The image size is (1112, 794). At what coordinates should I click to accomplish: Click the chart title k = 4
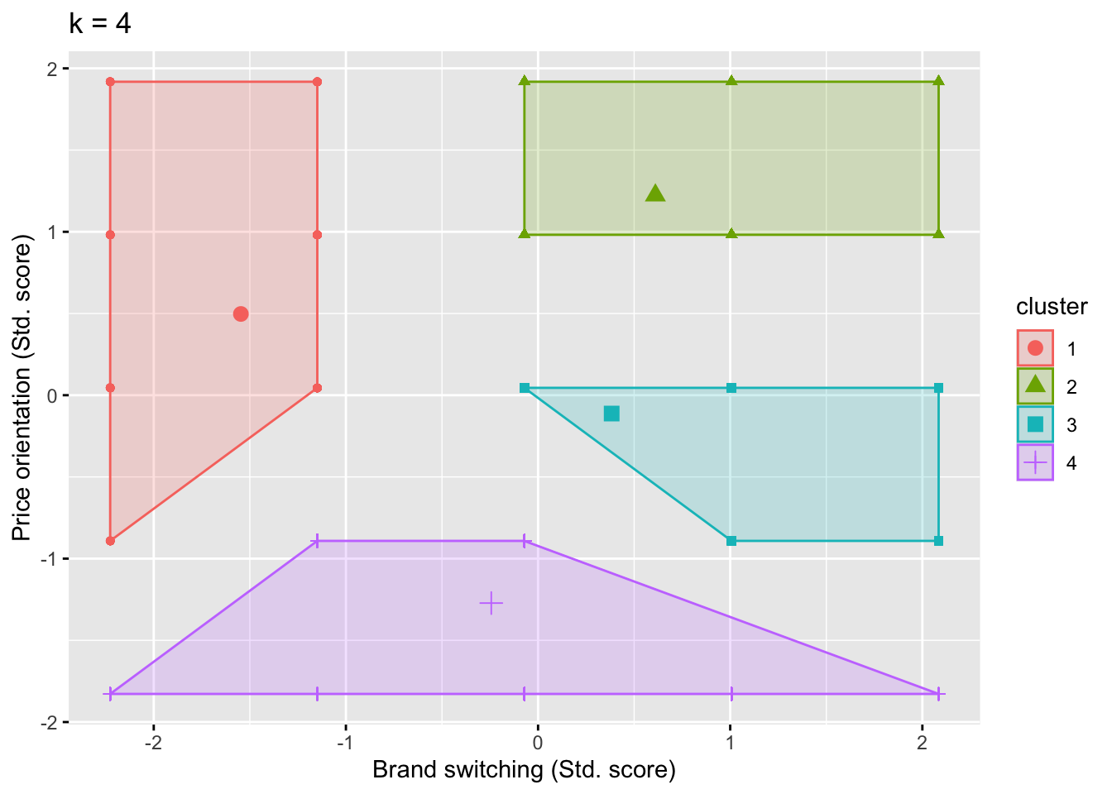[100, 24]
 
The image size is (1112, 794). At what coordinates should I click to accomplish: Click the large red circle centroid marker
[241, 313]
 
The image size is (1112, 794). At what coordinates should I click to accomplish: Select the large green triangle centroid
[655, 194]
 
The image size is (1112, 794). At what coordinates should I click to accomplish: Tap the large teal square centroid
[611, 414]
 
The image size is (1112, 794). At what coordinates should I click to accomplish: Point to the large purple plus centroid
[491, 604]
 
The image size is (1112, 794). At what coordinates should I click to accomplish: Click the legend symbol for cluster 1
[1035, 348]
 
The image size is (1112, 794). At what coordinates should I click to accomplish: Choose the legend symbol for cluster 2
[1035, 386]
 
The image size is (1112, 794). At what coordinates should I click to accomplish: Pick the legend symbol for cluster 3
[1035, 424]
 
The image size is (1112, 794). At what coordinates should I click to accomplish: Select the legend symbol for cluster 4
[1035, 462]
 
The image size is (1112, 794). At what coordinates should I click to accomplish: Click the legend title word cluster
[1052, 307]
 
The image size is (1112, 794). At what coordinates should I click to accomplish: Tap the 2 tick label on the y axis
[52, 69]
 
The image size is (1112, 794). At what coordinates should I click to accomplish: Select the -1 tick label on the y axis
[49, 559]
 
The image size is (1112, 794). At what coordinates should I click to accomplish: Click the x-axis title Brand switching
[524, 770]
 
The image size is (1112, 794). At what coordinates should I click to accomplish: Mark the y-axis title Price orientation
[22, 389]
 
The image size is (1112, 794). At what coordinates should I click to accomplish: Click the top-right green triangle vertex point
[938, 81]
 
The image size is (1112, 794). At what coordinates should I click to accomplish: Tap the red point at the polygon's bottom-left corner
[110, 541]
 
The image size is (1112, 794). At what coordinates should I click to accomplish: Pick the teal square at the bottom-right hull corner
[938, 541]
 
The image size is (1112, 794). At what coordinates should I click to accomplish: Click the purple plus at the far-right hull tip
[938, 694]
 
